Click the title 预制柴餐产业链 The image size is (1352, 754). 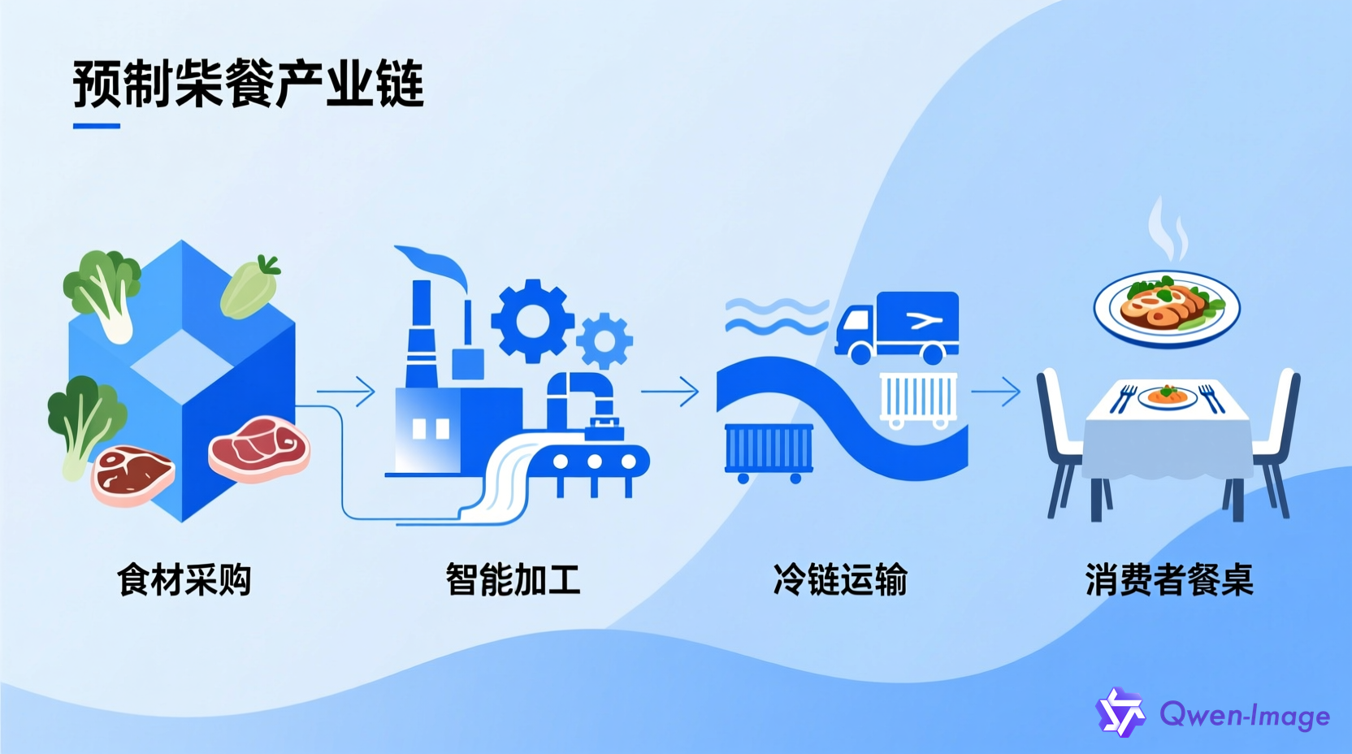coord(248,84)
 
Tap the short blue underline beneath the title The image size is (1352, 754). coord(97,126)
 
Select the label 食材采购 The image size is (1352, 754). coord(184,580)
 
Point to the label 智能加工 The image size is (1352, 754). coord(513,580)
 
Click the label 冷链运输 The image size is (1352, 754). coord(840,580)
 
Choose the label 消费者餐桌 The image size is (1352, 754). coord(1169,580)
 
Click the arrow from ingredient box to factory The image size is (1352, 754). coord(347,392)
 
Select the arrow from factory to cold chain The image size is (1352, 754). coord(670,392)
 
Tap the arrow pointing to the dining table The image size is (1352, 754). coord(996,392)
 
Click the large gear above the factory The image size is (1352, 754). coord(532,321)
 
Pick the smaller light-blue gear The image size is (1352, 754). coord(604,340)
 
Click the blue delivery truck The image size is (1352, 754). coord(898,327)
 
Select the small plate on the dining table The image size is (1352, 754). coord(1167,397)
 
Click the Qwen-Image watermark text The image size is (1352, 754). coord(1244,715)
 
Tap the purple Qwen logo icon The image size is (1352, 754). coord(1120,713)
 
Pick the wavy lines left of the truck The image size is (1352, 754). coord(775,316)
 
